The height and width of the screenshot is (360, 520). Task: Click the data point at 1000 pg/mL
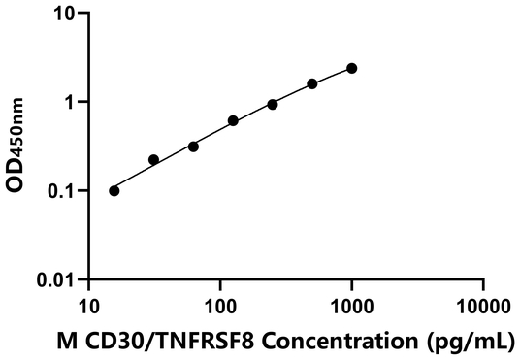(351, 68)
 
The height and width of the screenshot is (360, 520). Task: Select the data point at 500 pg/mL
(312, 83)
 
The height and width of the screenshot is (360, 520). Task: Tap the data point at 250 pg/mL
(273, 104)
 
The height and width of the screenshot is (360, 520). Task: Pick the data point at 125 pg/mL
(233, 120)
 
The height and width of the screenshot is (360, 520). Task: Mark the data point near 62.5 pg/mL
(193, 147)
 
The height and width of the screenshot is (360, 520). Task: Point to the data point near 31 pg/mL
(153, 159)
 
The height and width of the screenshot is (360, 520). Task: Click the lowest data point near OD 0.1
(114, 190)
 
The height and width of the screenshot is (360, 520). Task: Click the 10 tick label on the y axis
(65, 14)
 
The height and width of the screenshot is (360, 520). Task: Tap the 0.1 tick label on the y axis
(63, 190)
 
